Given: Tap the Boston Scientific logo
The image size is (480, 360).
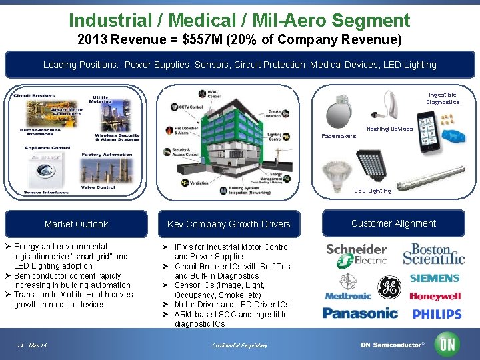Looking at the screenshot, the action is point(433,253).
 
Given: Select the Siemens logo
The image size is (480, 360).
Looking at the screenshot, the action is point(435,278).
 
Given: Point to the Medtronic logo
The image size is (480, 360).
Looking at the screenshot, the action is point(347,296).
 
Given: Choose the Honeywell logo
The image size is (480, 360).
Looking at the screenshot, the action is point(435,297).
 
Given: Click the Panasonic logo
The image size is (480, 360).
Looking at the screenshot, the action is point(360,313).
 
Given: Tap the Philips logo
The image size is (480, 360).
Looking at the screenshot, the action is point(437,314).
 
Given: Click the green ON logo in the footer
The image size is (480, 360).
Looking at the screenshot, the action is point(447,344).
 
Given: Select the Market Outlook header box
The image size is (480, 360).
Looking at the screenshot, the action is point(76,224).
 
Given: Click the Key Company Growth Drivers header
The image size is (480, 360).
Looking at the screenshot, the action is point(229,224).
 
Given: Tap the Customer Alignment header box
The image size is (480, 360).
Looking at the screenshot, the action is point(393,223).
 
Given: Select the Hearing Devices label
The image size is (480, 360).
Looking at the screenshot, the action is point(389,129).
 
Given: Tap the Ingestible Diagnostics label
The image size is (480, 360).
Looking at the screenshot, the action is point(443,99).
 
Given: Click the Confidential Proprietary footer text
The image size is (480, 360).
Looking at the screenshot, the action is point(239,345).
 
